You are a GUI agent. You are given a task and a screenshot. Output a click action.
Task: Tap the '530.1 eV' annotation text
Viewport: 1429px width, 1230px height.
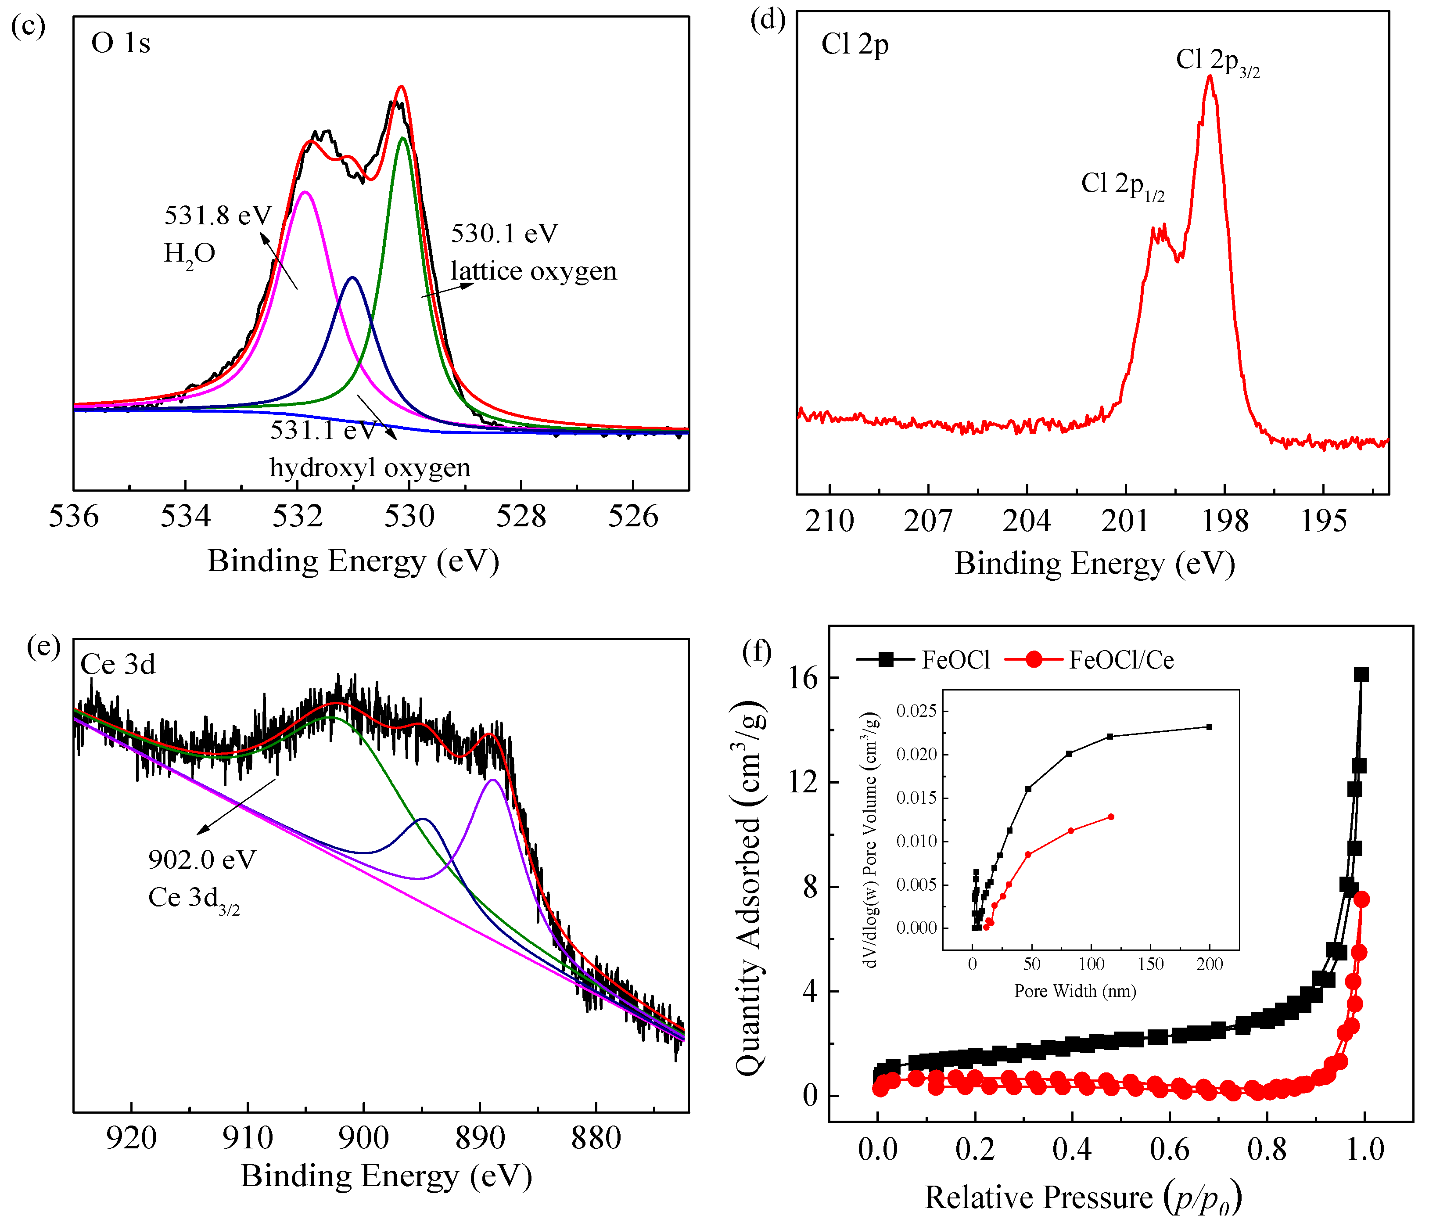coord(504,234)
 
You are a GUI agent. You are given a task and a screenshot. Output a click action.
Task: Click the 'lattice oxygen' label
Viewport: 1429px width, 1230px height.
coord(533,271)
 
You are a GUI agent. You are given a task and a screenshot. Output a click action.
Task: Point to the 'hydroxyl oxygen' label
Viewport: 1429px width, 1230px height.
coord(370,468)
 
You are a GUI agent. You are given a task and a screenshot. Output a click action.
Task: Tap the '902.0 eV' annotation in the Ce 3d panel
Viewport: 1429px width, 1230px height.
coord(202,860)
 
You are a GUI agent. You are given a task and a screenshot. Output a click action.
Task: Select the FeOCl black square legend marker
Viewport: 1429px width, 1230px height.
coord(886,659)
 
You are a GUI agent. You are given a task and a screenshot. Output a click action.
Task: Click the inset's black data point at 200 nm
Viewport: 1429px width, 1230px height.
coord(1209,726)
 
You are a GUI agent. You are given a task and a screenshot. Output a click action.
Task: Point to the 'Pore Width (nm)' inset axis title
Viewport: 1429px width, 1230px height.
coord(1074,991)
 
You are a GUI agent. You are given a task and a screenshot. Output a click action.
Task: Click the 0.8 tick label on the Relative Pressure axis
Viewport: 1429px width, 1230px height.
coord(1267,1150)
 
